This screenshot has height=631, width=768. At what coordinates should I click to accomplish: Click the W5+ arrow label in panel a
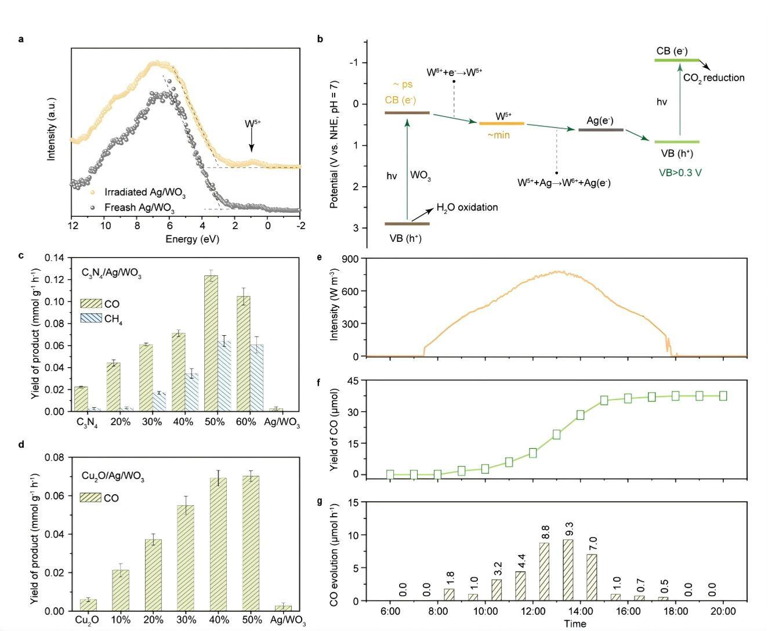(x=252, y=124)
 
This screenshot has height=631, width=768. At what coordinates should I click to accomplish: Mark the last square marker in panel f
(x=723, y=396)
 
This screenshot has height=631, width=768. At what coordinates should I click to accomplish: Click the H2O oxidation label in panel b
(x=467, y=208)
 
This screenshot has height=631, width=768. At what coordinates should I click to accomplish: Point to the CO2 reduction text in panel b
(x=713, y=78)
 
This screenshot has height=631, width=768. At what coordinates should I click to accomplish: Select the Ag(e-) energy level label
(x=600, y=121)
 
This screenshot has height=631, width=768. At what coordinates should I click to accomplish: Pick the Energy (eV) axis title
(x=192, y=239)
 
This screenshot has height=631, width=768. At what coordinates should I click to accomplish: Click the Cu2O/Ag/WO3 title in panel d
(x=113, y=477)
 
